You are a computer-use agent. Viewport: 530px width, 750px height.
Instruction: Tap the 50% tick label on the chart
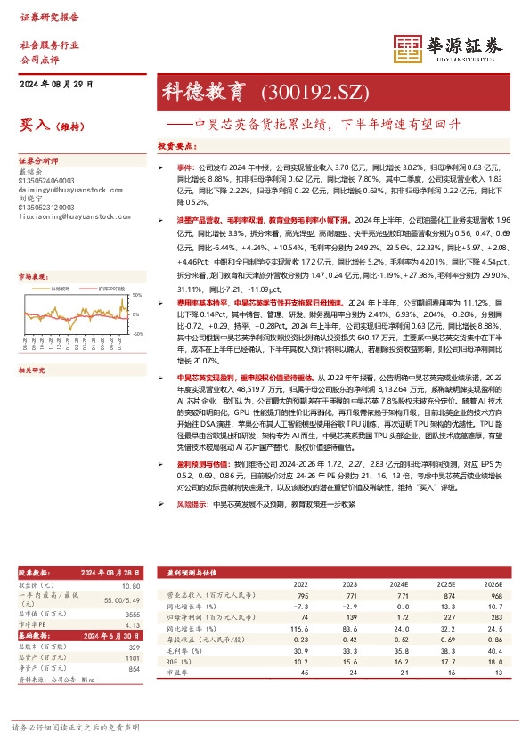point(136,294)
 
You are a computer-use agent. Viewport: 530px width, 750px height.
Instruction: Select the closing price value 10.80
point(130,585)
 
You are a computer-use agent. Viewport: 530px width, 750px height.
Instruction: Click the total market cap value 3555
point(132,615)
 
